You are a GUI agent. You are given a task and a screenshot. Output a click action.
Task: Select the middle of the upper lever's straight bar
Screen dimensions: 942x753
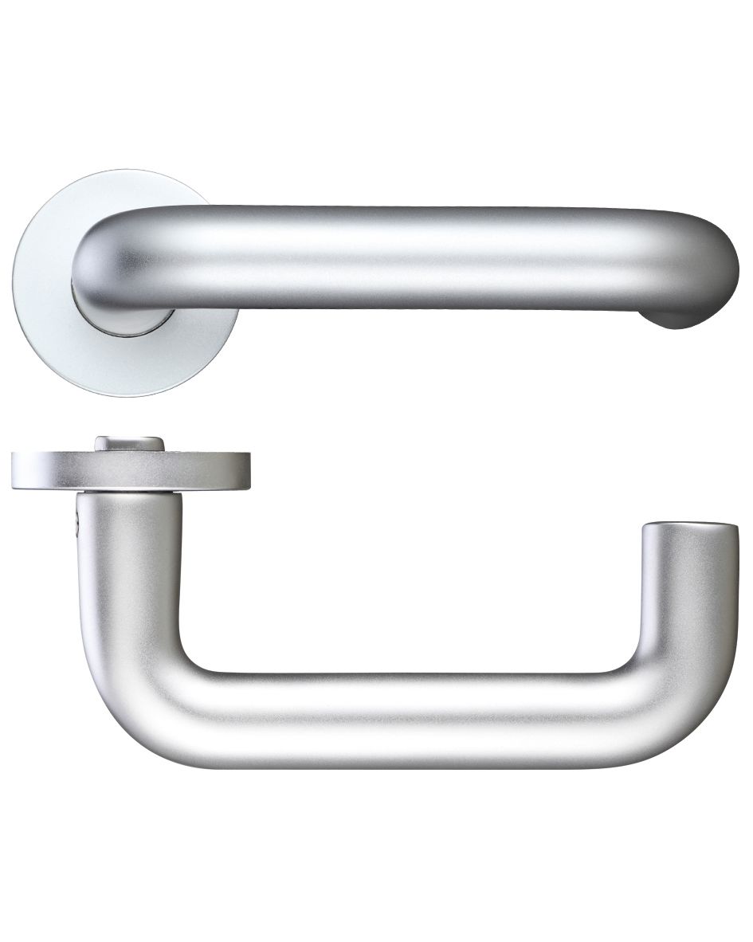[x=398, y=255]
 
